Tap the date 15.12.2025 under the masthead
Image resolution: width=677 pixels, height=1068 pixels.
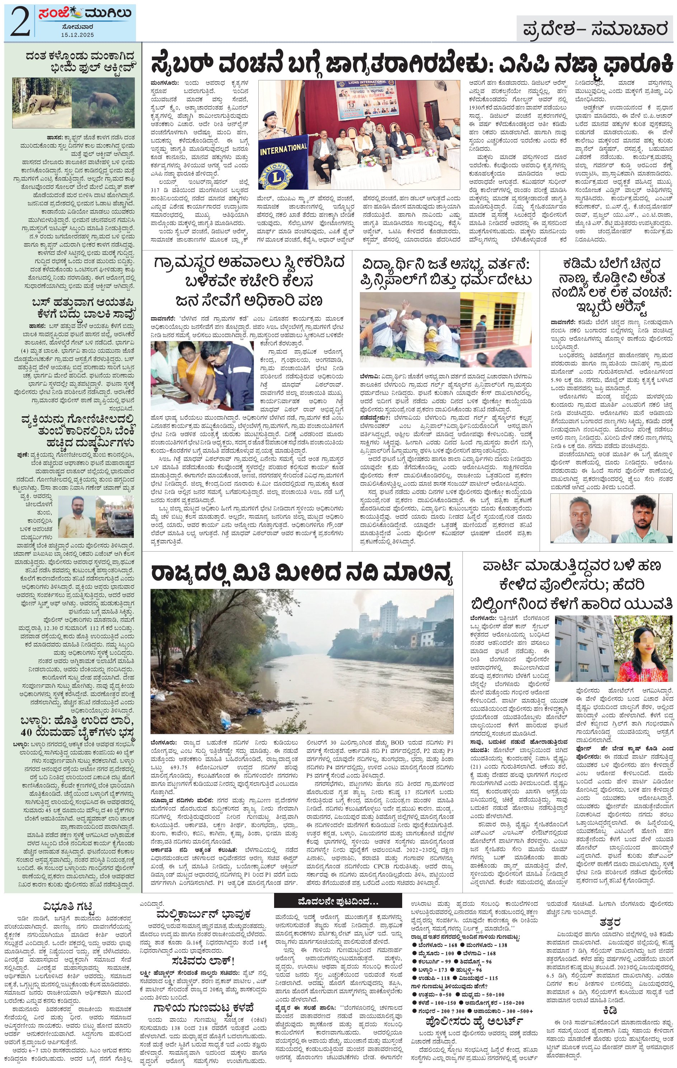point(78,34)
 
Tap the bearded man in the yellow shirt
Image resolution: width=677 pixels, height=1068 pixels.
point(77,516)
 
